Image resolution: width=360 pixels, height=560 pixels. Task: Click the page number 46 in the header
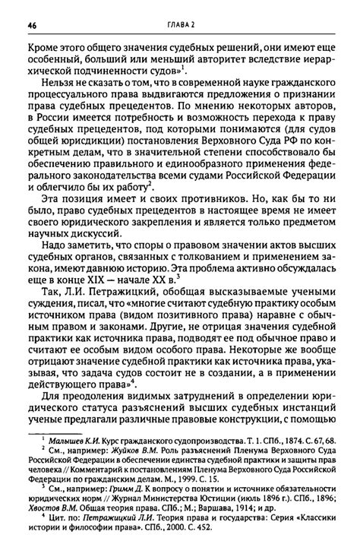tap(32, 24)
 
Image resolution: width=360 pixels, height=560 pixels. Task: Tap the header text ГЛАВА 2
tap(181, 24)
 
